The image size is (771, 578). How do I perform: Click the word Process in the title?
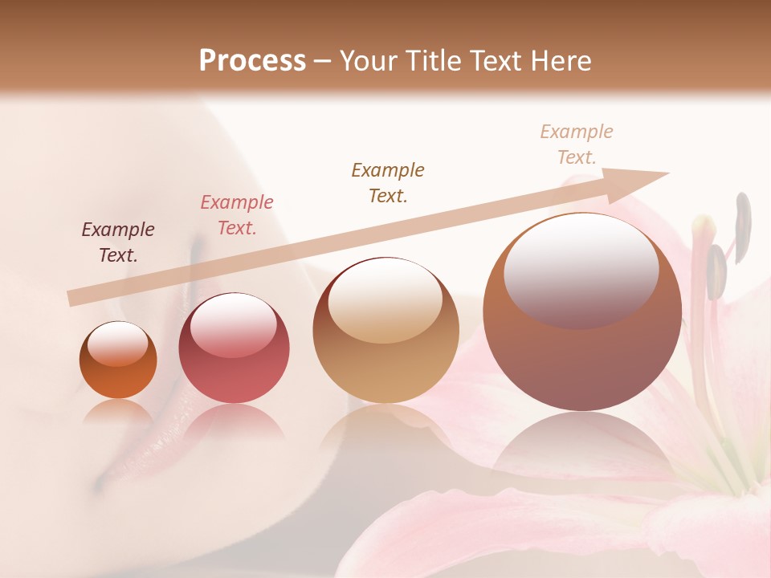coord(252,60)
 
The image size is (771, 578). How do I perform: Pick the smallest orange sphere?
coord(118,360)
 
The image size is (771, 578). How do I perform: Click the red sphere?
coord(234,348)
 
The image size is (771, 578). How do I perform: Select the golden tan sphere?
coord(385,330)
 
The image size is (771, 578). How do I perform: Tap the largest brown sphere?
coord(582,311)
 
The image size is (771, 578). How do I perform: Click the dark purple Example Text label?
coord(118,242)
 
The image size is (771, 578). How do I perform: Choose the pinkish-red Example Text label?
coord(237,215)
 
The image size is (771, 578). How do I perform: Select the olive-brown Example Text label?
coord(388,182)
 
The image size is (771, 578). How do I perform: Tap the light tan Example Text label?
coord(577,144)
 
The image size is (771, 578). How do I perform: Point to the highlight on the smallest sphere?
coord(117,344)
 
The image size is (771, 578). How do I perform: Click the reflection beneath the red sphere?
coord(234,421)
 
